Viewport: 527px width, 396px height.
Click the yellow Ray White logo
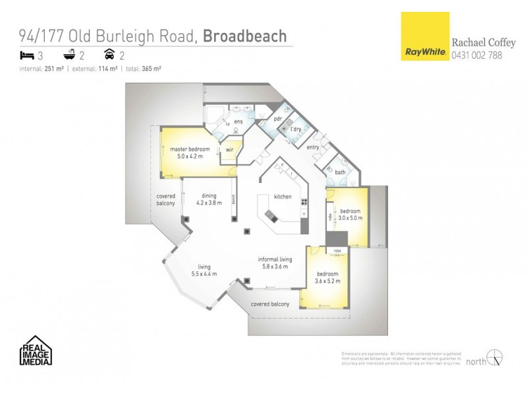point(424,37)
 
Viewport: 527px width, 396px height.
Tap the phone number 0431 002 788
point(476,55)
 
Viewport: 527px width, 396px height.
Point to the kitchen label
point(283,197)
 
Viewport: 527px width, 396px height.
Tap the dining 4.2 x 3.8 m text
point(209,199)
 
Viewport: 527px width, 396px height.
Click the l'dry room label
point(296,129)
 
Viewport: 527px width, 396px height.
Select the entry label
point(313,148)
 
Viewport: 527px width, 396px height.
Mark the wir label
point(229,150)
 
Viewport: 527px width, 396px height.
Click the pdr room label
point(278,119)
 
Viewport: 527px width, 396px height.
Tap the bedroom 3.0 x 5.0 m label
point(350,214)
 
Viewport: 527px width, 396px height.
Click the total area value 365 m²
point(152,68)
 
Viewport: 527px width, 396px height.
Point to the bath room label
point(340,172)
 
